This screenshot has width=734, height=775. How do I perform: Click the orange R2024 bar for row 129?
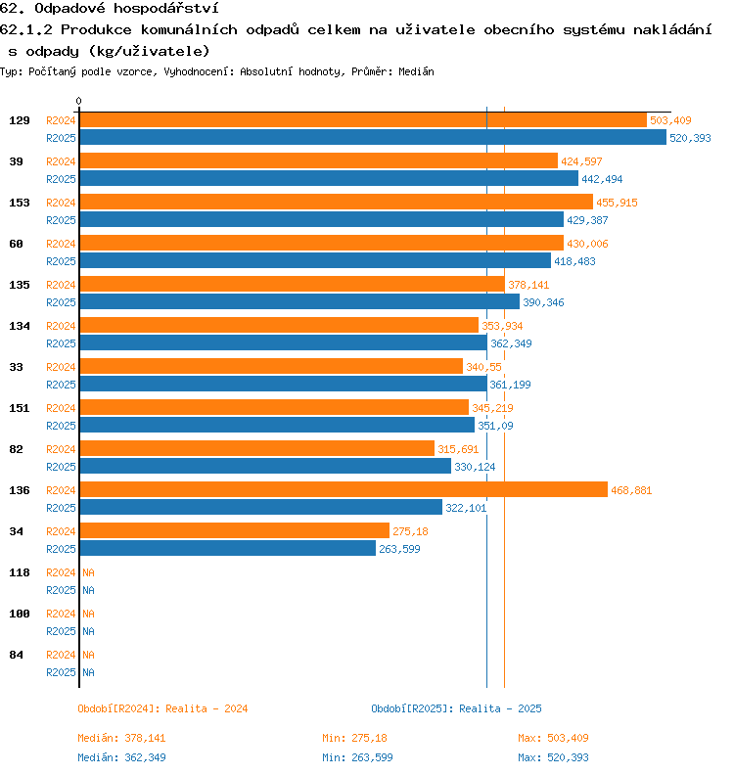[362, 120]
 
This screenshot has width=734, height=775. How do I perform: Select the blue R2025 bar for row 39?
[328, 179]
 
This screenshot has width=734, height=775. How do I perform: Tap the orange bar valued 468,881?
[343, 490]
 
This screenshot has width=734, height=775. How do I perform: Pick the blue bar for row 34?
[227, 549]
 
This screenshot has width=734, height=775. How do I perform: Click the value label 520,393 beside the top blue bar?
[690, 138]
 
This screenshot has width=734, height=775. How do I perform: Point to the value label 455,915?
[617, 203]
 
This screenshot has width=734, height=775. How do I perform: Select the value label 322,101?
[466, 508]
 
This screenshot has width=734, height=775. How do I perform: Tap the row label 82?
[17, 449]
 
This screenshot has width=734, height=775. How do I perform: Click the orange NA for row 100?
[88, 614]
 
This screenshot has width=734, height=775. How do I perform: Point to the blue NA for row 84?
[88, 672]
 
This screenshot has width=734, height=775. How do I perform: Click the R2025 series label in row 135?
[62, 302]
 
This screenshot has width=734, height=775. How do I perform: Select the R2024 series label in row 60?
[62, 244]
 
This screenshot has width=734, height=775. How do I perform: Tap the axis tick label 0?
[79, 101]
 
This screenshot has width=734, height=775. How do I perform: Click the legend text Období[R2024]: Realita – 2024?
[162, 708]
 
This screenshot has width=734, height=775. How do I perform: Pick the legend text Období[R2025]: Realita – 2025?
[456, 708]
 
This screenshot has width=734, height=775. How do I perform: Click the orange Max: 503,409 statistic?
[553, 738]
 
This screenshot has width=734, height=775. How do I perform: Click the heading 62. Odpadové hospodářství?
[109, 9]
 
